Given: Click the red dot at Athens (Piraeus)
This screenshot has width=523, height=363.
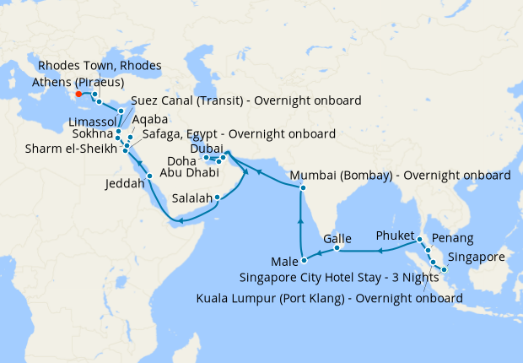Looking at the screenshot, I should click(x=78, y=94).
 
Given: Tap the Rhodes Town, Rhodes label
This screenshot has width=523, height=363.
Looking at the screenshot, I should click(x=100, y=66).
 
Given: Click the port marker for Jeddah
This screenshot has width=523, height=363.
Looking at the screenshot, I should click(x=149, y=176).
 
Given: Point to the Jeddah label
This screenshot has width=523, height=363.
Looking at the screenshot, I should click(x=125, y=183).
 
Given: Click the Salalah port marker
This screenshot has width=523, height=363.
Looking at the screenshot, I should click(x=218, y=198).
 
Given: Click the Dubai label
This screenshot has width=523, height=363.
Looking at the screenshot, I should click(x=208, y=148).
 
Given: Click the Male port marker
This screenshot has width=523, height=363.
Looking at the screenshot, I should click(x=303, y=258).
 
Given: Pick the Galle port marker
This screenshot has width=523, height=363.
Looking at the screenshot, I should click(x=337, y=248).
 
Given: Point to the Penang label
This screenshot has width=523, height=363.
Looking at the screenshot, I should click(x=450, y=239).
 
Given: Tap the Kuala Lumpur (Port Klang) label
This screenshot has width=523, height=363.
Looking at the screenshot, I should click(x=329, y=298).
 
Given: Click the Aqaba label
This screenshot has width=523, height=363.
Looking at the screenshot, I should click(x=149, y=120).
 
